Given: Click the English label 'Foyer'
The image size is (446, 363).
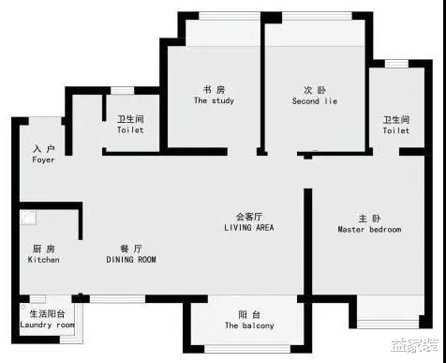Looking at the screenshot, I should (43, 160).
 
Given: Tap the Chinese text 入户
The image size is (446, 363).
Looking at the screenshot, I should (43, 149).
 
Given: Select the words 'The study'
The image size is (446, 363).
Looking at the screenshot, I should (214, 101).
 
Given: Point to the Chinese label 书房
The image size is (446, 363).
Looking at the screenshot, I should (214, 90).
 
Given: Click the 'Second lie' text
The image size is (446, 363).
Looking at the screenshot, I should (314, 101).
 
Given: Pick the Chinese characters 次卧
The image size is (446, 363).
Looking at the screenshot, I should (314, 90).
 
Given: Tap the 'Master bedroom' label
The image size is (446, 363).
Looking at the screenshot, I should (369, 230).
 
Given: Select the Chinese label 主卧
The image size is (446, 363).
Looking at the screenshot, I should (369, 219).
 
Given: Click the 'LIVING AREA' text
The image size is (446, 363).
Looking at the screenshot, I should (249, 228).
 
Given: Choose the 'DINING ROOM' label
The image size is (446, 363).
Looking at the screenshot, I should (131, 260).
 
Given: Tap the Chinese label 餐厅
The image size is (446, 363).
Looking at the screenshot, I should (131, 249).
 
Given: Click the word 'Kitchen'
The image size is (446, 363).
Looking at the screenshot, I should (43, 260).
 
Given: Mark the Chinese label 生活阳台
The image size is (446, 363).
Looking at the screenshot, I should (47, 314).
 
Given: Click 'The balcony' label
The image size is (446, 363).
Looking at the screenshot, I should (249, 326).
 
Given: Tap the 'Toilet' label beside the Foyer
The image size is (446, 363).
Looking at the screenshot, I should (130, 130).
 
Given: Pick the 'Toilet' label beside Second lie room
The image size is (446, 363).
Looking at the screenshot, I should (395, 130).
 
